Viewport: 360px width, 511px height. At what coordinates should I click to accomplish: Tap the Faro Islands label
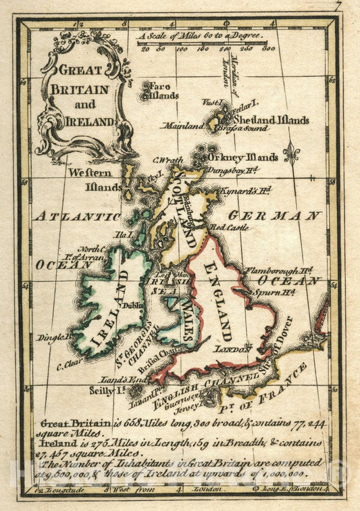(160, 91)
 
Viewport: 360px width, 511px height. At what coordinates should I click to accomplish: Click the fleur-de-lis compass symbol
(291, 154)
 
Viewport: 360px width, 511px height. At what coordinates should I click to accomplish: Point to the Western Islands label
(95, 179)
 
